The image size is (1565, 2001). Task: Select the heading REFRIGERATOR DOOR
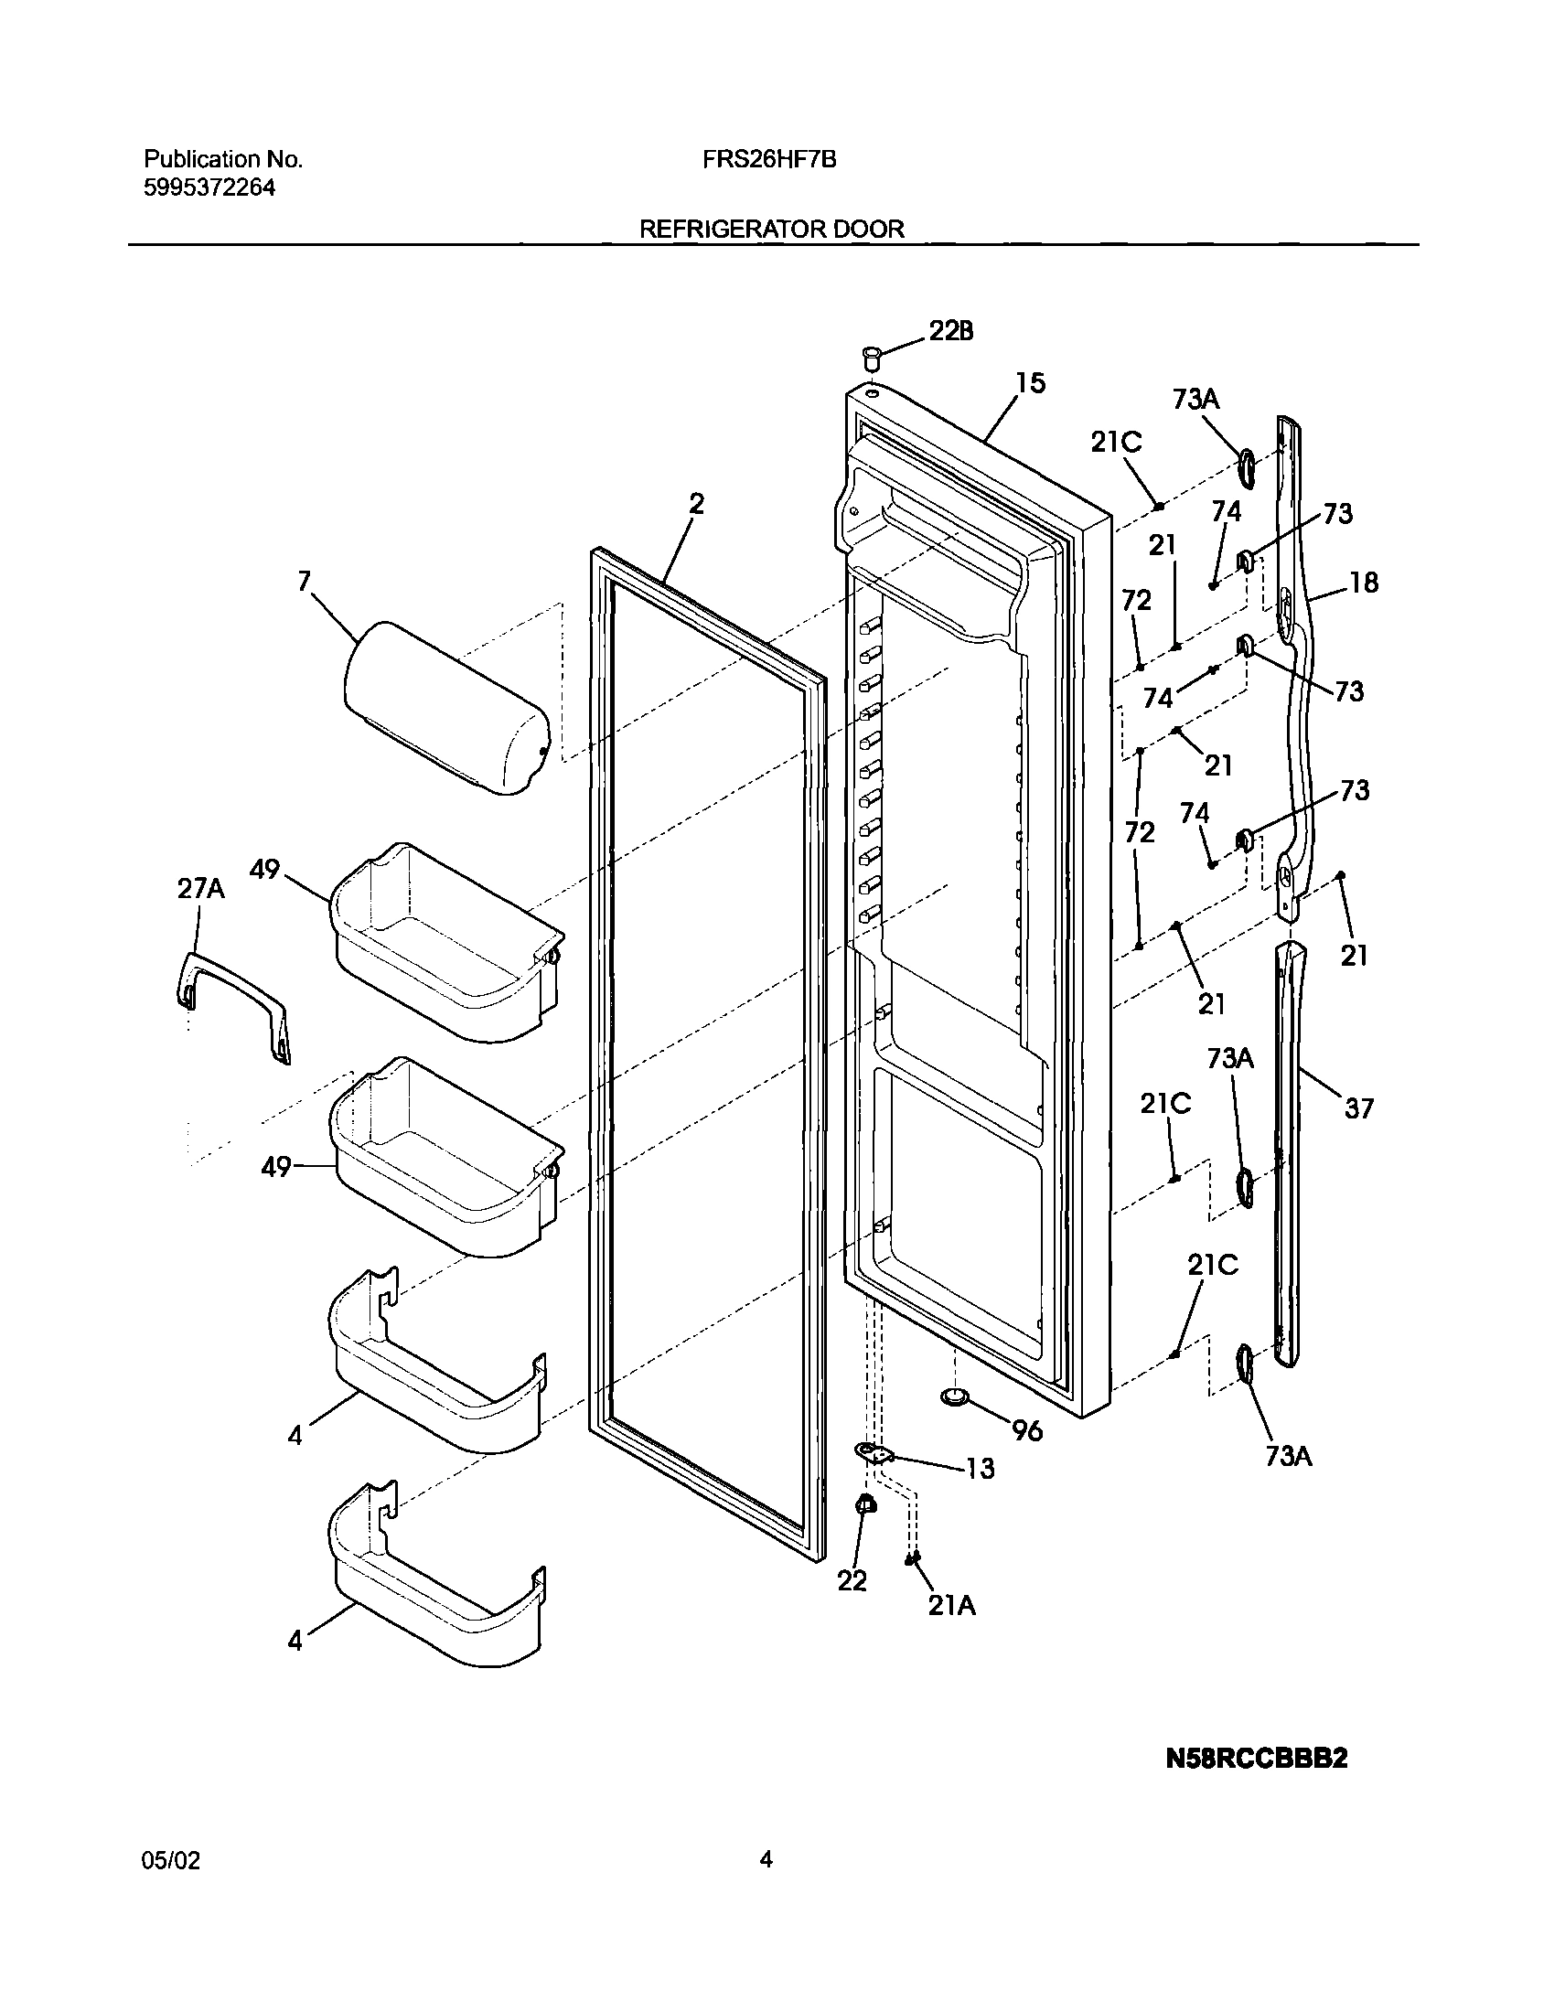point(771,229)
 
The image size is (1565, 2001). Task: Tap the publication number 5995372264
point(209,187)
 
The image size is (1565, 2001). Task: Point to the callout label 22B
point(951,331)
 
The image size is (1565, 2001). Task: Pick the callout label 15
point(1030,383)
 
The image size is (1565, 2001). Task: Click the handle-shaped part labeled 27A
point(231,1005)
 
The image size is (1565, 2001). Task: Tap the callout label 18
point(1364,583)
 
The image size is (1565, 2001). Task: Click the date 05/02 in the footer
point(171,1861)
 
